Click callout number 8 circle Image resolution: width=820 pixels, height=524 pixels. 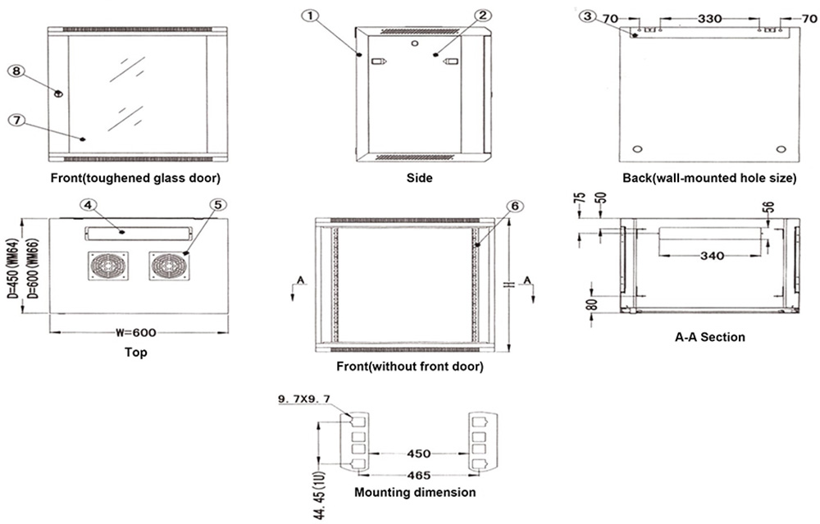[x=16, y=71]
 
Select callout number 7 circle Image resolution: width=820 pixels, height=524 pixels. [x=16, y=120]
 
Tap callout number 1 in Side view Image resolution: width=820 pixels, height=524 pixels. [x=308, y=15]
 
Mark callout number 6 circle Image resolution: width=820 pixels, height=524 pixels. [x=514, y=206]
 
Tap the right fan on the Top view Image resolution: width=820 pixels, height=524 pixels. [x=168, y=267]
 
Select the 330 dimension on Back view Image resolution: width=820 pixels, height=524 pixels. [x=709, y=16]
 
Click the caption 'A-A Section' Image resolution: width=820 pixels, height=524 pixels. [x=709, y=337]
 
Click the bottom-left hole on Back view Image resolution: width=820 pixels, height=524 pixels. [x=639, y=149]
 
